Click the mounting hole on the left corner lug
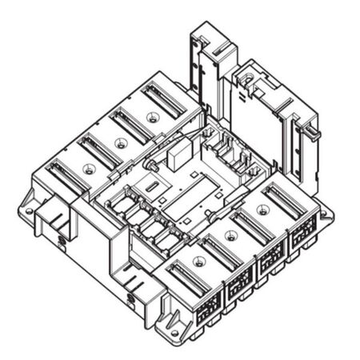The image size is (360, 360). click(x=30, y=211)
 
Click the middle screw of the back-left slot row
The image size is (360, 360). click(x=121, y=143)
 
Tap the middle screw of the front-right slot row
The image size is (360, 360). click(x=231, y=234)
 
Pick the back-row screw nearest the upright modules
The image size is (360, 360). click(x=153, y=117)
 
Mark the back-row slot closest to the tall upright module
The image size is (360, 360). click(x=165, y=99)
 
